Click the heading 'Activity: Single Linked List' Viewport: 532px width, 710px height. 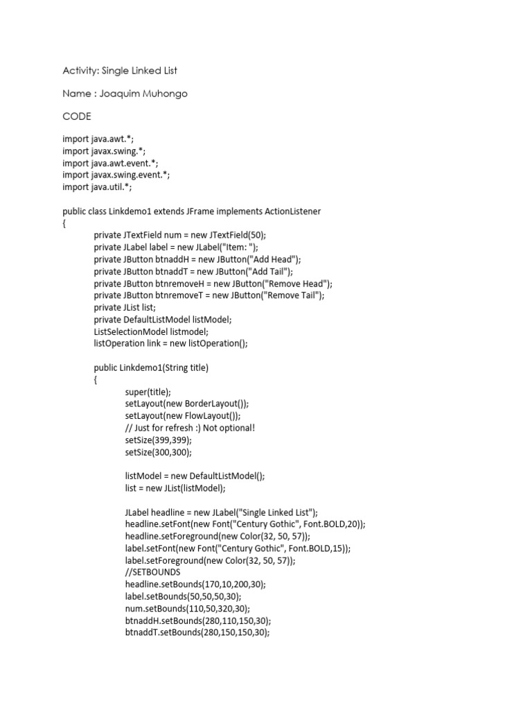pyautogui.click(x=125, y=71)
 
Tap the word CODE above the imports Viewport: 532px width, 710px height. pyautogui.click(x=76, y=116)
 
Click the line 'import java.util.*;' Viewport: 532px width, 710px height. pyautogui.click(x=97, y=187)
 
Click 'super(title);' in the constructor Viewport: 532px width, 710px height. pyautogui.click(x=148, y=392)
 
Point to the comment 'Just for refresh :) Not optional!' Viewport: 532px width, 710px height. pyautogui.click(x=190, y=428)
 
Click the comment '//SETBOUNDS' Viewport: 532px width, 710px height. pyautogui.click(x=153, y=573)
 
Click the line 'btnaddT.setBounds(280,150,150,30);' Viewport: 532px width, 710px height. pyautogui.click(x=197, y=633)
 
